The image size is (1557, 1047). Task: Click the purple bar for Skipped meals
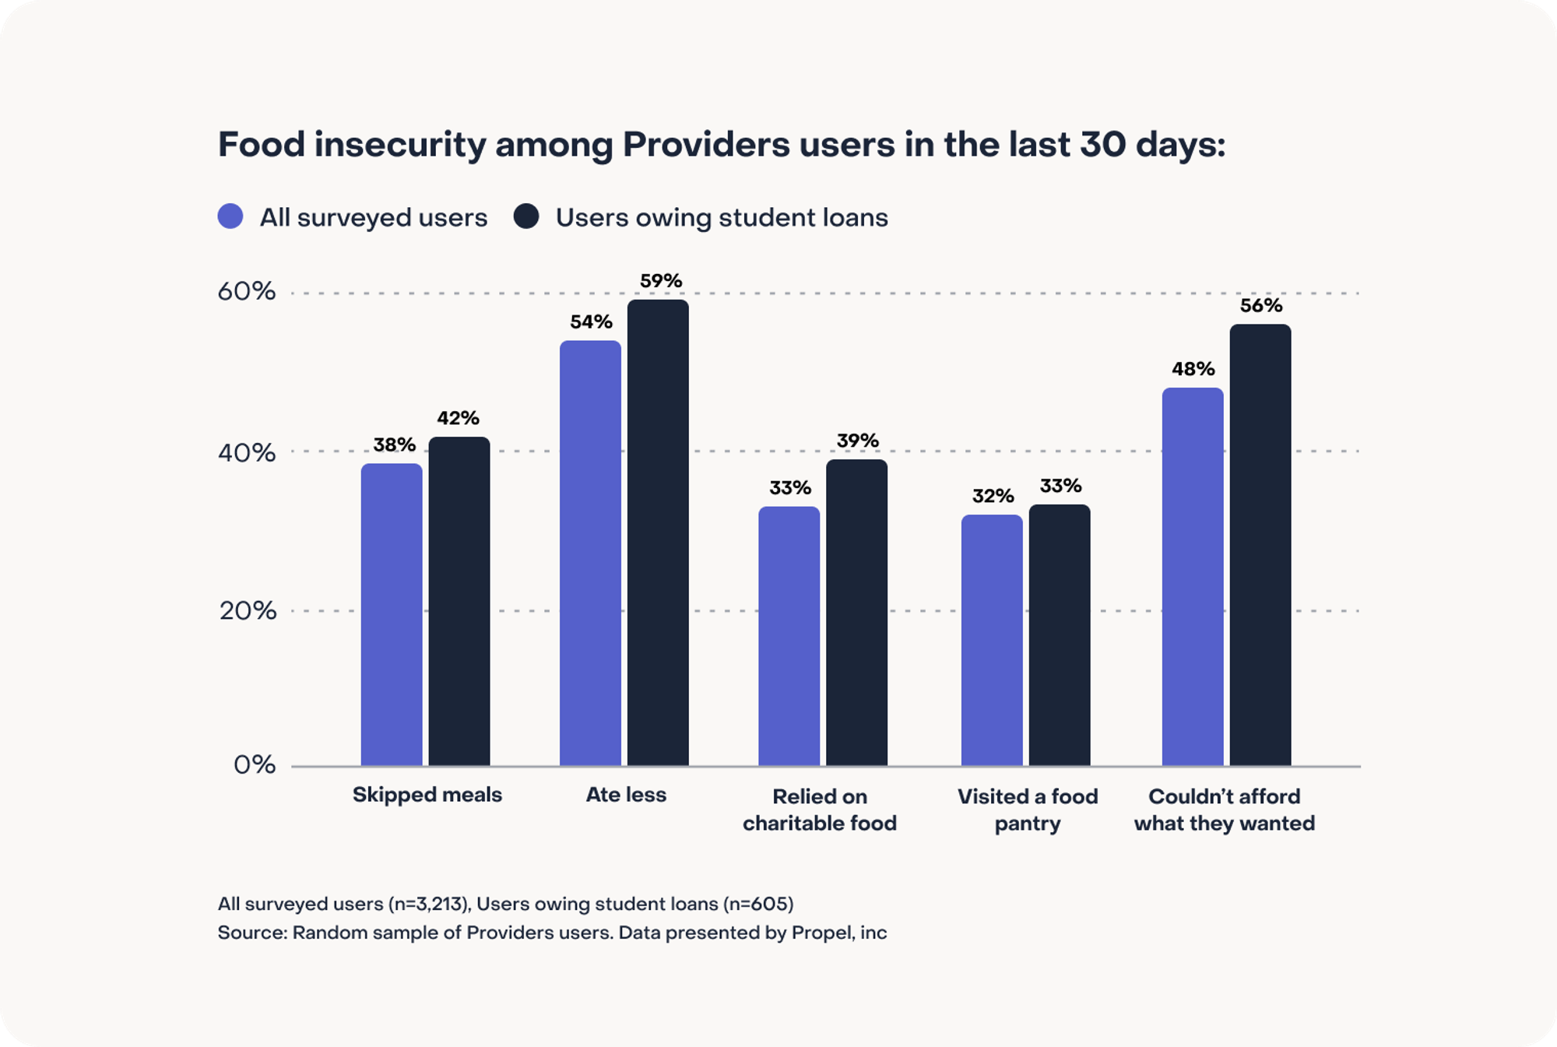coord(392,615)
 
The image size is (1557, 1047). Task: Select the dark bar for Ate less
coord(658,533)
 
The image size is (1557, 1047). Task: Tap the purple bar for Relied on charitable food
coord(789,636)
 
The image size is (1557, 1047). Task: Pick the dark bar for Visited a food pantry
coord(1060,635)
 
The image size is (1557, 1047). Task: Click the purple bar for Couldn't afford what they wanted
coord(1193,577)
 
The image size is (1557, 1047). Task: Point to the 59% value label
coord(661,280)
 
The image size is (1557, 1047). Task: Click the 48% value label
coord(1193,369)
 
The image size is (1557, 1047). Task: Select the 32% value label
coord(993,496)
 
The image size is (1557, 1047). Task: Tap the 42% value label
coord(458,418)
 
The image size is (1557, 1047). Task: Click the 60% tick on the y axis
coord(246,292)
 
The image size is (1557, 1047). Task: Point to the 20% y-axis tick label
coord(248,611)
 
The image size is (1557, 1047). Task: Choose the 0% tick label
coord(255,765)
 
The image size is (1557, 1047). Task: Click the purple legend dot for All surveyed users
coord(230,216)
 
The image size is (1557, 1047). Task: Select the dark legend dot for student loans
coord(526,216)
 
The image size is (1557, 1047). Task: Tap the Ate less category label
coord(626,795)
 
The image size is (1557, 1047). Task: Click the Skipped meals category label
coord(427,795)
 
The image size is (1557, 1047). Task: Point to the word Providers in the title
coord(705,145)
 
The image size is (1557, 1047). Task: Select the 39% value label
coord(857,441)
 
